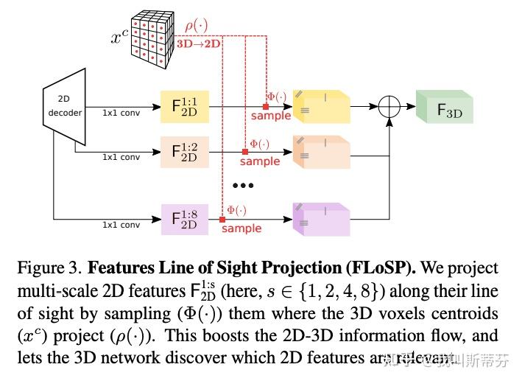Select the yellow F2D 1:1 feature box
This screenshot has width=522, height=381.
184,106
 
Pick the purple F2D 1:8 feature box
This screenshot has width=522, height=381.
184,219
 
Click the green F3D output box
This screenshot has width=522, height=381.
443,109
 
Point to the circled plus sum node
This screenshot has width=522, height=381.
389,106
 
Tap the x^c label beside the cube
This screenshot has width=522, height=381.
121,36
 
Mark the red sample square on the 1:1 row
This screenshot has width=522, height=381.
266,107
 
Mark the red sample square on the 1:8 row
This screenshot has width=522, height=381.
222,219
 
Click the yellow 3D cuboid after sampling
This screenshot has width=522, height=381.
320,107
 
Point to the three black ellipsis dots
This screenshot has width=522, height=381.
243,185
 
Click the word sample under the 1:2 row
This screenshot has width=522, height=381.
260,161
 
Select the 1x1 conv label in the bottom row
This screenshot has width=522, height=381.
121,225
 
